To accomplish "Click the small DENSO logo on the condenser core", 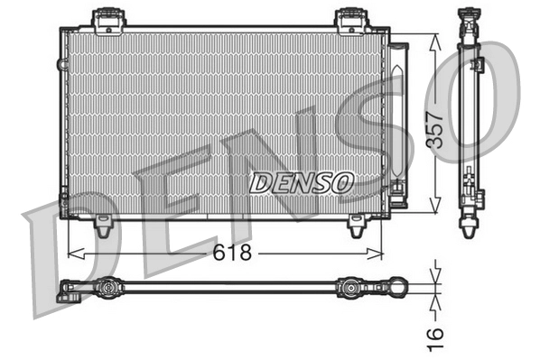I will (x=301, y=181).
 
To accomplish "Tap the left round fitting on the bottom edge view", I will (x=107, y=289).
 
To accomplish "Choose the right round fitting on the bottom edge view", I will (x=349, y=289).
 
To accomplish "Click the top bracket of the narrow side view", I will (x=469, y=18).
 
